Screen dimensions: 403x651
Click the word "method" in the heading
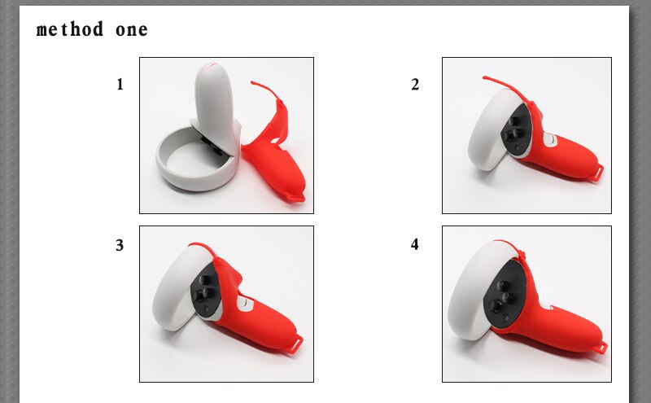70,30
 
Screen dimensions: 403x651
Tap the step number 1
120,83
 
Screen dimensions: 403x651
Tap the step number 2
415,84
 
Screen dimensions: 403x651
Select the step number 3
120,245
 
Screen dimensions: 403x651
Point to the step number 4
415,244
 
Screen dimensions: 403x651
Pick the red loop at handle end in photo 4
601,347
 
